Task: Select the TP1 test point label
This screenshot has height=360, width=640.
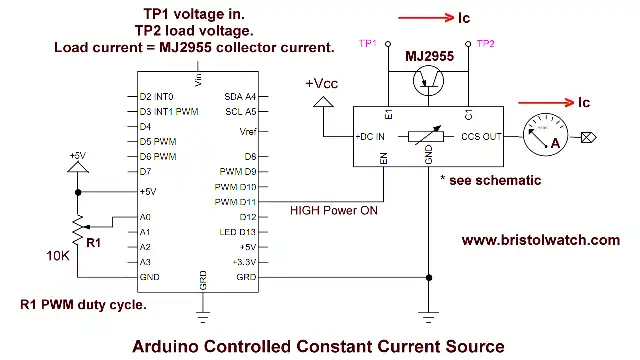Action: (369, 44)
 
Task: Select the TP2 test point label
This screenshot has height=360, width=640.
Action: (485, 44)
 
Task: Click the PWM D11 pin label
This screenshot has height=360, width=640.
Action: (236, 202)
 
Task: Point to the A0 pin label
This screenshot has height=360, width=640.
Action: (145, 216)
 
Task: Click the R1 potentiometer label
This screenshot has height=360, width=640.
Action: (93, 242)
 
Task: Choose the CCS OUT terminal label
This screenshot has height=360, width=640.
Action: (480, 135)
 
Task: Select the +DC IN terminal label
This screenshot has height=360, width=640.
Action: (365, 135)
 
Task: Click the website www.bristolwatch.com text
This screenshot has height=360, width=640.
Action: (541, 240)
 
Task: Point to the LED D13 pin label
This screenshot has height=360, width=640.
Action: (237, 231)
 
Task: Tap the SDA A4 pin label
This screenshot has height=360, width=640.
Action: (237, 96)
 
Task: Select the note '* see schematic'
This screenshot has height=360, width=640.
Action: (490, 180)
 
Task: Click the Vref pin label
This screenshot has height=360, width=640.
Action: (245, 132)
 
